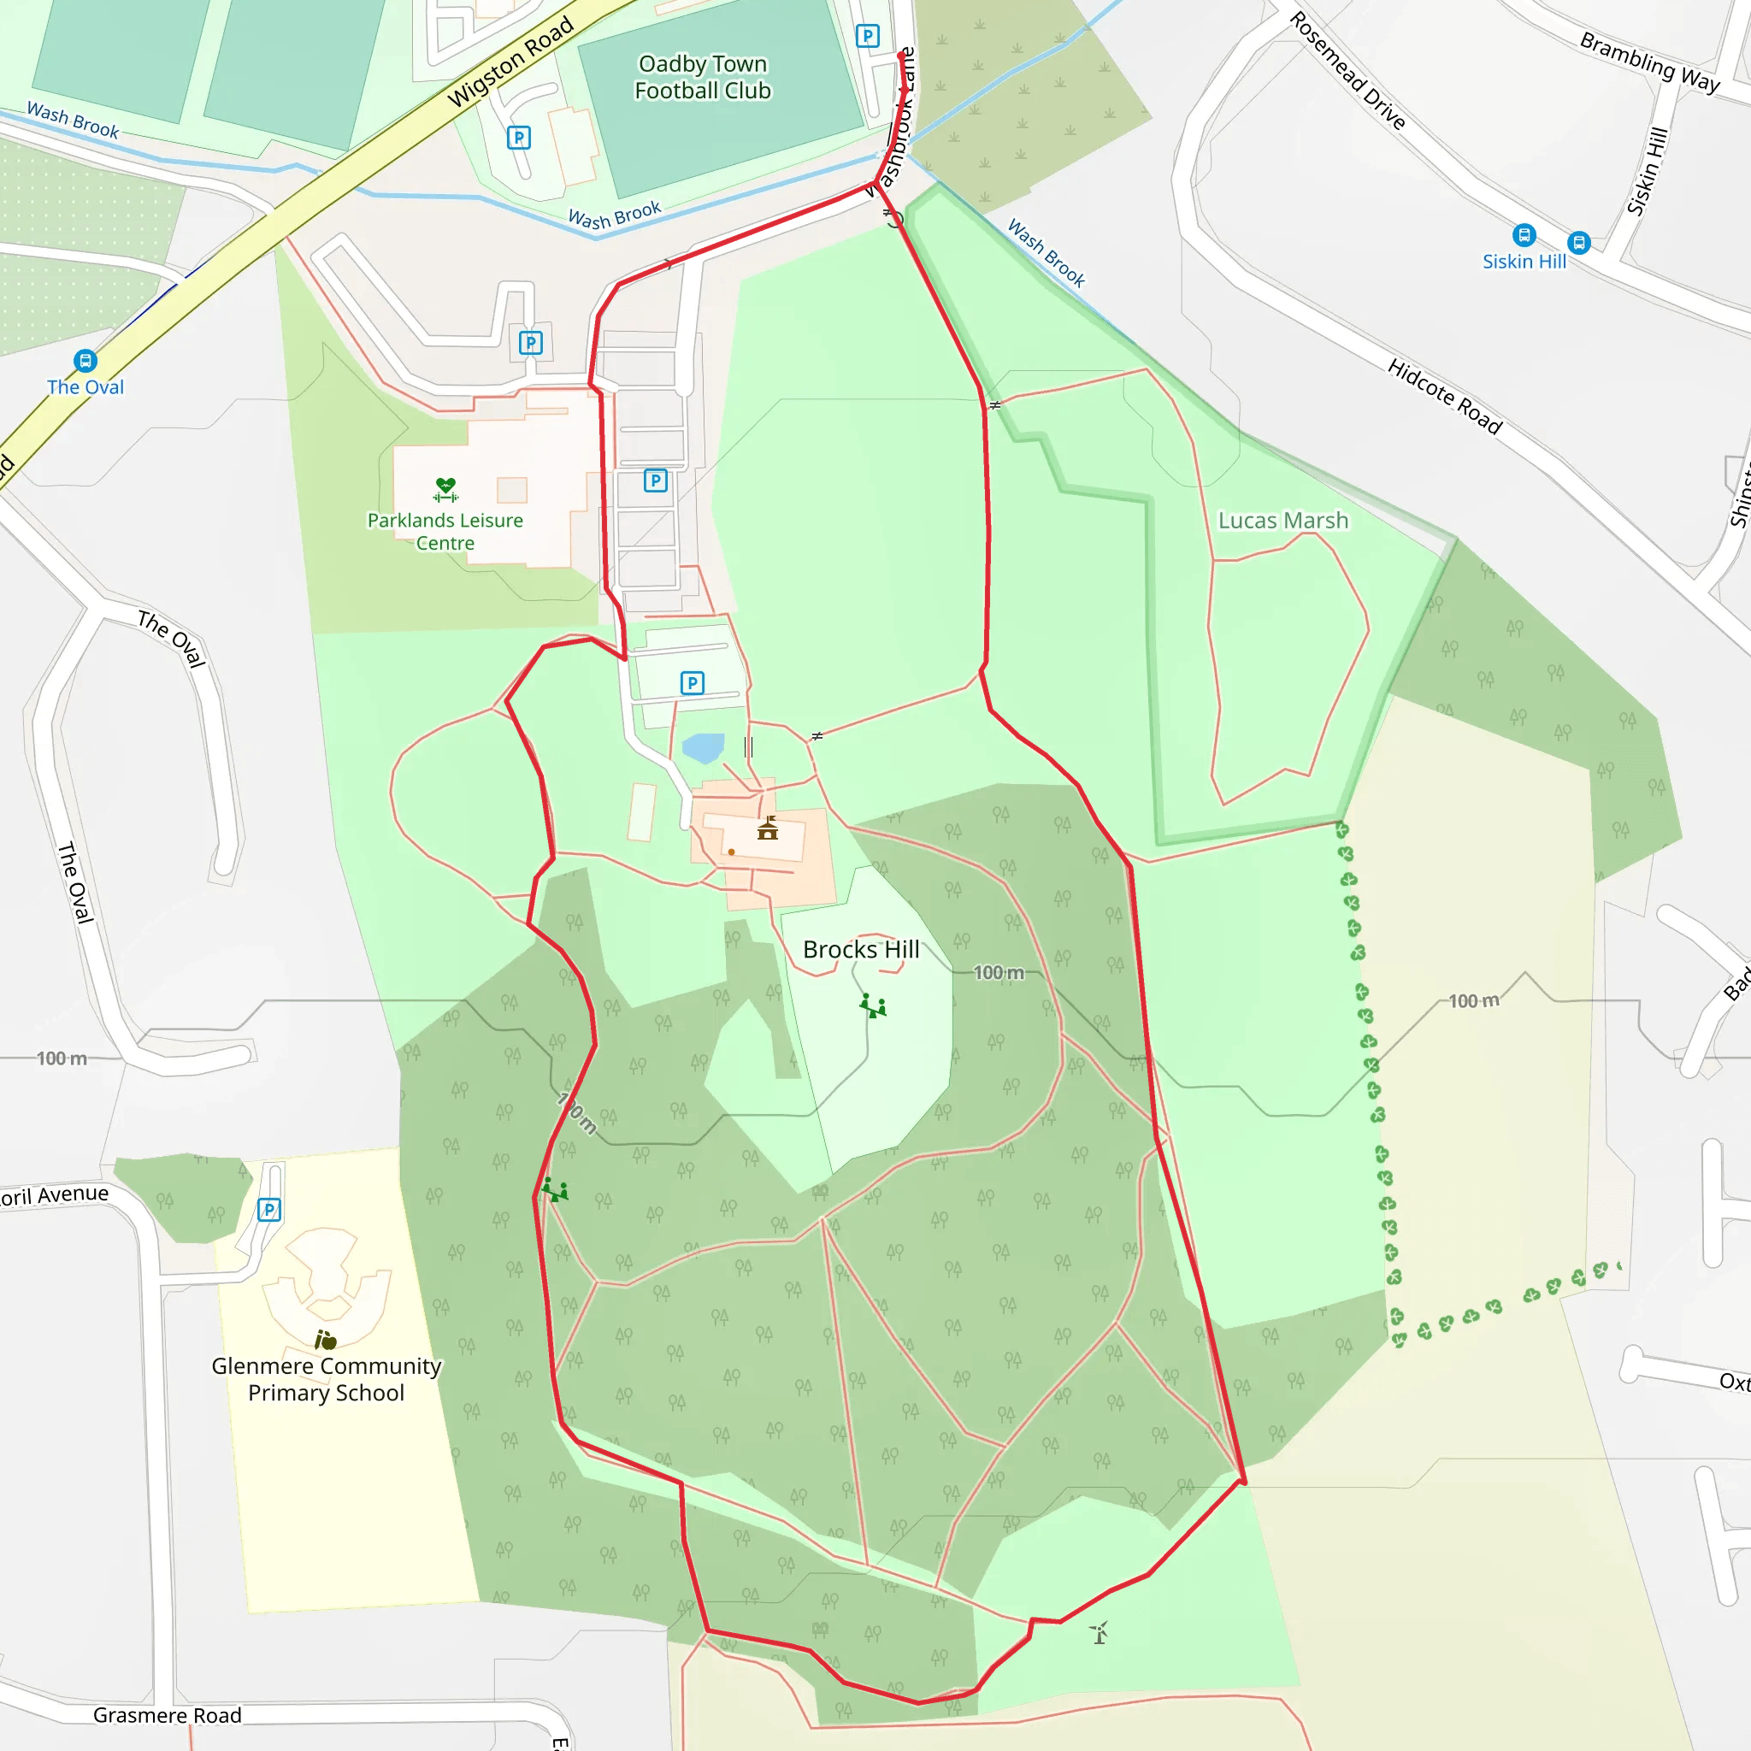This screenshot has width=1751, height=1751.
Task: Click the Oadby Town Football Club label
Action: point(703,77)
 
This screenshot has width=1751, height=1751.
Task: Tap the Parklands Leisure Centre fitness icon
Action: point(445,489)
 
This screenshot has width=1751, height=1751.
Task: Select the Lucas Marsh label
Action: point(1282,520)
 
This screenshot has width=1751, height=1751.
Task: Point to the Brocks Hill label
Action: point(861,949)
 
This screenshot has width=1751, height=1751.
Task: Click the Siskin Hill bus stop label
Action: point(1524,261)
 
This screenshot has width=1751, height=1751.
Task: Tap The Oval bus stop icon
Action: point(85,361)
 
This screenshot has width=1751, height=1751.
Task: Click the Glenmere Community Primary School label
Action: point(327,1378)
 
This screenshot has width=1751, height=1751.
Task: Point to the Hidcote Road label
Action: point(1445,396)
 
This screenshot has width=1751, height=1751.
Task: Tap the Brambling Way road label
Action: point(1649,62)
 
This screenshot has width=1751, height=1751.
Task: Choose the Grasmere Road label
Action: point(168,1715)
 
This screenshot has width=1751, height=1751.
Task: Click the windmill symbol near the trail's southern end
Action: point(1100,1633)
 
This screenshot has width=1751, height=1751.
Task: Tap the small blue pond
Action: point(704,748)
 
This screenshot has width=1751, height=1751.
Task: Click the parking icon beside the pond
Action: point(693,682)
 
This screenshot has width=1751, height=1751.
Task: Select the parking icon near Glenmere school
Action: point(269,1210)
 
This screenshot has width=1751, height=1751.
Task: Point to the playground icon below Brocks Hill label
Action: point(874,1006)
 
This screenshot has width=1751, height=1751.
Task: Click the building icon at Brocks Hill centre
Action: point(768,828)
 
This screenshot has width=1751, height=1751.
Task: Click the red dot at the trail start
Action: point(901,56)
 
